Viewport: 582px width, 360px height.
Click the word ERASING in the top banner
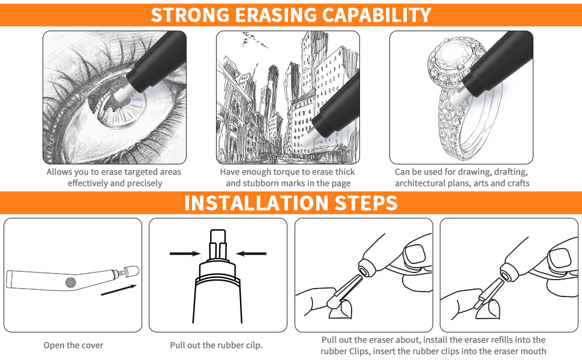[276, 15]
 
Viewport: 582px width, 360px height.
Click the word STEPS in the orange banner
[366, 203]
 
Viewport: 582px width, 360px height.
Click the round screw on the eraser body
[71, 283]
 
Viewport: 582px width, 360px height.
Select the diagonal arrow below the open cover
[119, 290]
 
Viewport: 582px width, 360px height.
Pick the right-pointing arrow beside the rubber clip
[185, 253]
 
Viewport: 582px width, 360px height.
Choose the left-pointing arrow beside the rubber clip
[251, 253]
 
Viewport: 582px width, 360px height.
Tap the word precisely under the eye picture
[145, 184]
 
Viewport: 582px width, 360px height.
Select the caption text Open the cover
[73, 345]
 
